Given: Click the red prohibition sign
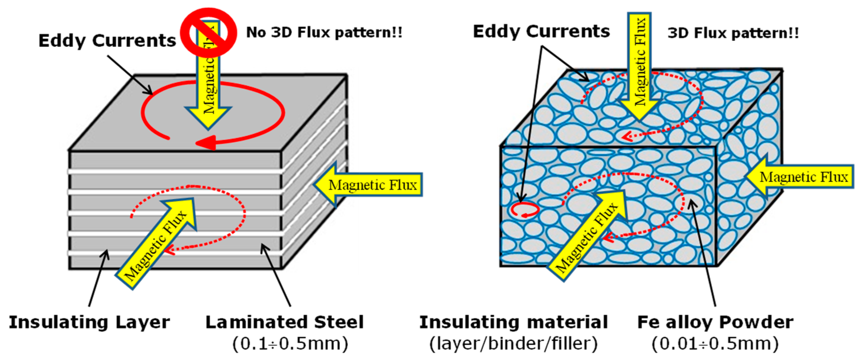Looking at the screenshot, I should click(x=208, y=32).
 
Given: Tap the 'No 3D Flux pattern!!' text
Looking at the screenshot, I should click(x=324, y=33).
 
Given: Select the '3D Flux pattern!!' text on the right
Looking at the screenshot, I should click(x=733, y=33).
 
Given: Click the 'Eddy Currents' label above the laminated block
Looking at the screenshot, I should click(x=107, y=41).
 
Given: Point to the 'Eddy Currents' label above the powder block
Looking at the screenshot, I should click(x=541, y=32).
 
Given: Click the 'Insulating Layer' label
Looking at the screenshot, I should click(x=89, y=322).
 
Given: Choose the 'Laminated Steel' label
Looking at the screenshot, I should click(x=284, y=322).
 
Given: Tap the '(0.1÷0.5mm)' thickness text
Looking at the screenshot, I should click(x=290, y=344).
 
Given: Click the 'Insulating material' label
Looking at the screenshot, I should click(x=514, y=322).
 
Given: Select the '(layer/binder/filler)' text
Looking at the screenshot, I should click(x=514, y=344).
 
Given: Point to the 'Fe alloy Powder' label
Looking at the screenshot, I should click(x=715, y=322).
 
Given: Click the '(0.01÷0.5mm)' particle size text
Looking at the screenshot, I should click(x=715, y=344).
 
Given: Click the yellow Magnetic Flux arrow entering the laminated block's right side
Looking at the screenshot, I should click(x=369, y=185).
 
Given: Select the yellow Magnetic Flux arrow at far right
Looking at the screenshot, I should click(x=800, y=177).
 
